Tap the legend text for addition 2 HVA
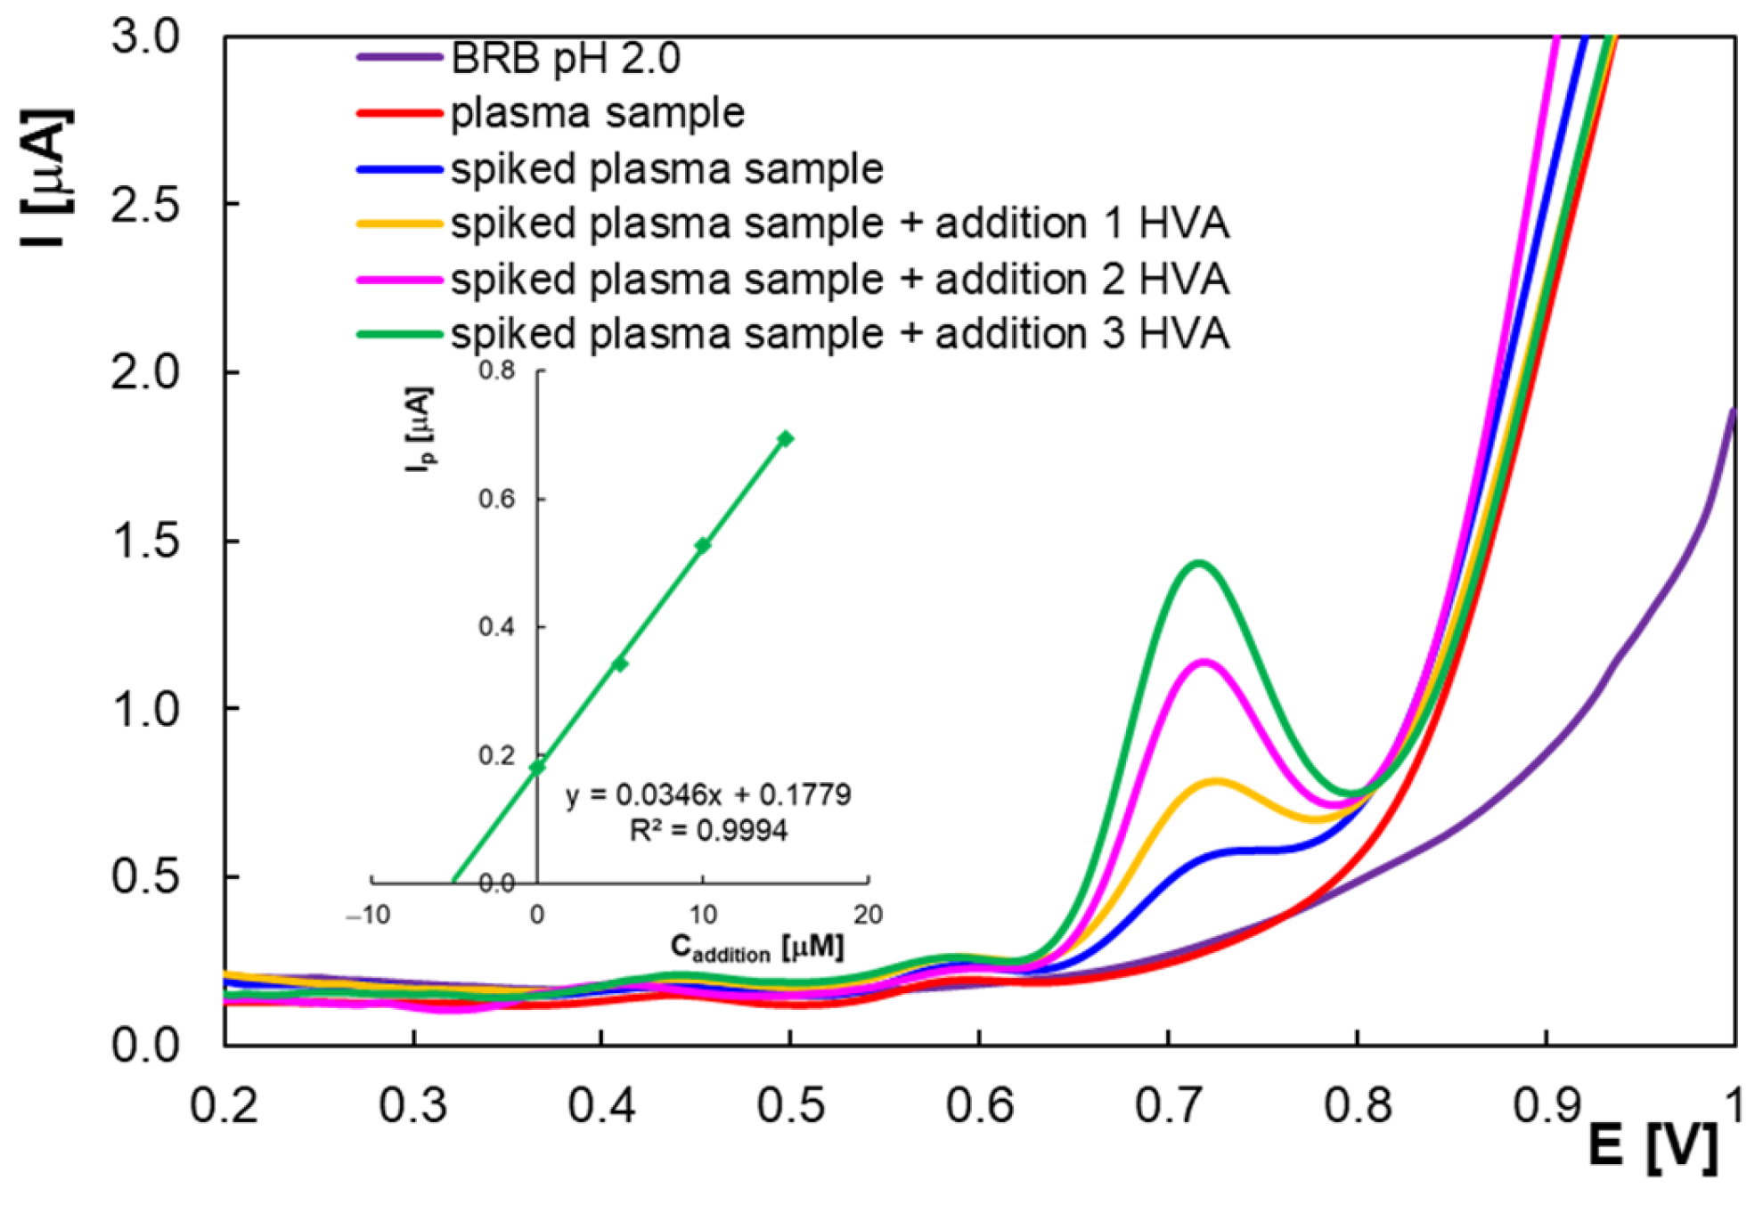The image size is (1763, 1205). [839, 280]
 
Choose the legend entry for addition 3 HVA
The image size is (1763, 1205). [839, 335]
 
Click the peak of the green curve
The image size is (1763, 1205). [1198, 562]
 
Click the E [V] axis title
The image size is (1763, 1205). [1653, 1146]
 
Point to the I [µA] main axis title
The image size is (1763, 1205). [46, 178]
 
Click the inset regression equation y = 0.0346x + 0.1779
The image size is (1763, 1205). [708, 794]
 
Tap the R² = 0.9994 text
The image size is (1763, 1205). [708, 831]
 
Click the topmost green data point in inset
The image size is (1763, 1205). [785, 438]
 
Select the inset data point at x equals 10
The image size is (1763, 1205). [703, 545]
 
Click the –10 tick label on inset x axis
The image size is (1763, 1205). [368, 915]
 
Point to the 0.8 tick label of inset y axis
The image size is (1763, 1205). [497, 370]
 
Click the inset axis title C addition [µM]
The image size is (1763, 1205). [756, 948]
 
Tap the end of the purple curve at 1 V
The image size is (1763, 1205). [1733, 411]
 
